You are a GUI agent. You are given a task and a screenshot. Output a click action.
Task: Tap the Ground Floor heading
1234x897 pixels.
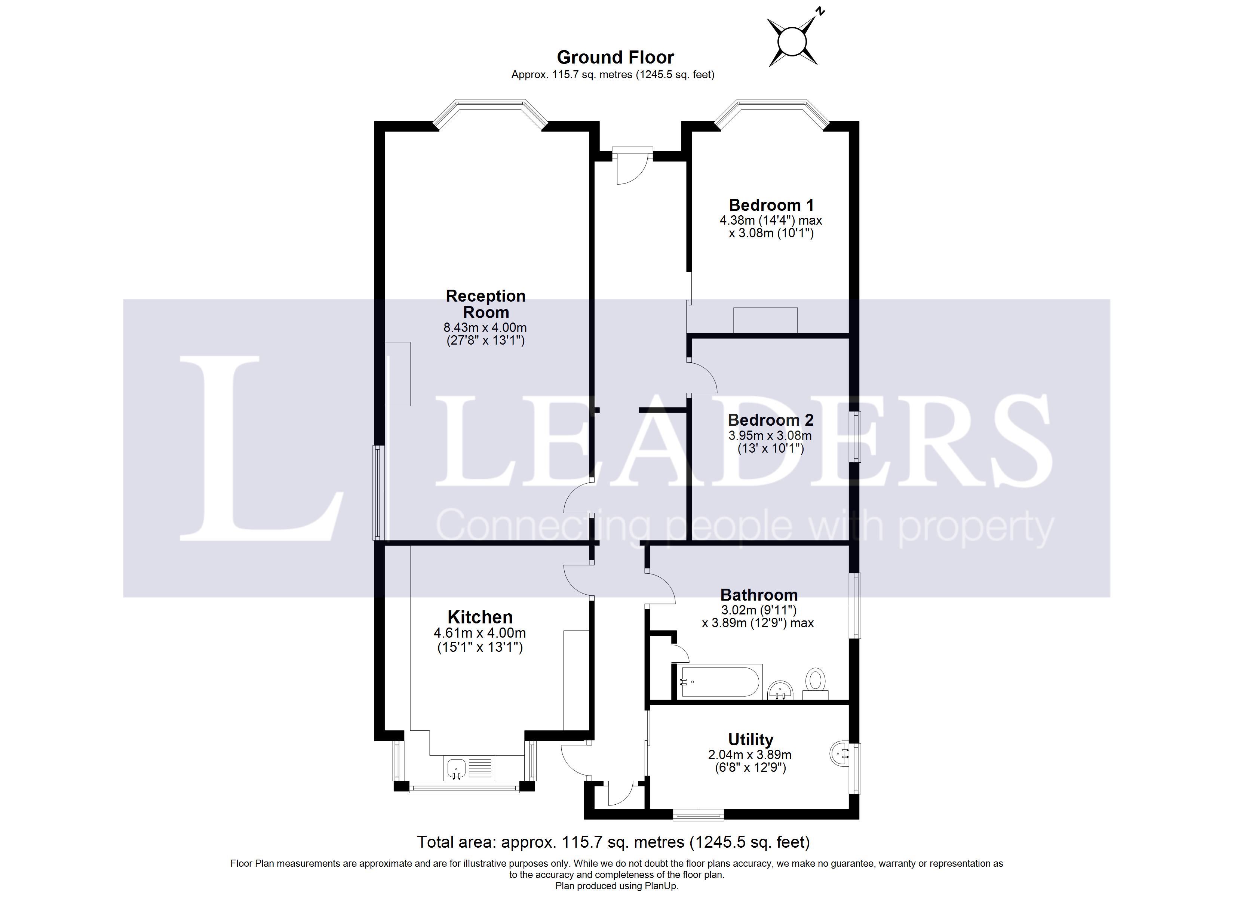616,57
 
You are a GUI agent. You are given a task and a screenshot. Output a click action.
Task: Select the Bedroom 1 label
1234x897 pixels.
771,205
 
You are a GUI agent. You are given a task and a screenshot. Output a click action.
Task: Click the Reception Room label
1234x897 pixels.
485,304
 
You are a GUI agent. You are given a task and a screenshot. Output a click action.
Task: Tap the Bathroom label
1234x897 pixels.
759,595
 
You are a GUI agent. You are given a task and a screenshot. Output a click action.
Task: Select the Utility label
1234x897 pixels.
751,740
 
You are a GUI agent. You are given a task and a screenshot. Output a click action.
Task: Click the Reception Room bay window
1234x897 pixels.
490,110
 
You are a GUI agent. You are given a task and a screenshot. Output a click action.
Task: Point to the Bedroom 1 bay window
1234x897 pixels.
771,110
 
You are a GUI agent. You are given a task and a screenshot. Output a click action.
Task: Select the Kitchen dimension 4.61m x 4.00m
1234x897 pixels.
480,633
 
